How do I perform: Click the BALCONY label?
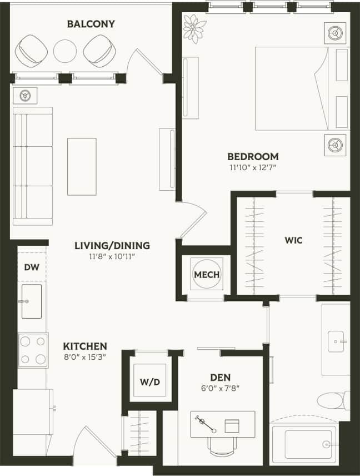(91, 24)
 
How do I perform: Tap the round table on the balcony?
(65, 51)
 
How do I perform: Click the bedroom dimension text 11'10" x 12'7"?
(253, 167)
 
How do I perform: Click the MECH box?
(207, 275)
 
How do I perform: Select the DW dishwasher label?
(31, 267)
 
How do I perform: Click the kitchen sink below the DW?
(31, 301)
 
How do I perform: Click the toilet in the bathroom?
(332, 400)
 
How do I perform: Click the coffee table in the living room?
(82, 166)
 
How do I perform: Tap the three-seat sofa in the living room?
(33, 166)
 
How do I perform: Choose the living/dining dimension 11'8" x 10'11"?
(112, 256)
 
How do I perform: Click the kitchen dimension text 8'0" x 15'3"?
(84, 356)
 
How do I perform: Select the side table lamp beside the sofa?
(25, 95)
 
